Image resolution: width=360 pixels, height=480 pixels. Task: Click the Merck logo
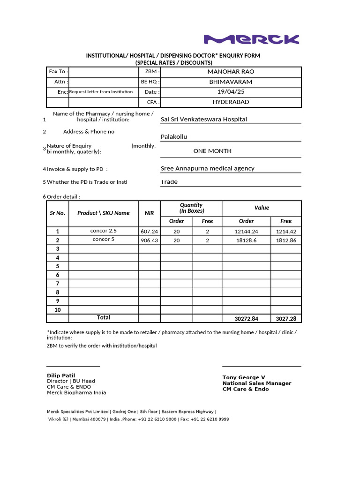(251, 39)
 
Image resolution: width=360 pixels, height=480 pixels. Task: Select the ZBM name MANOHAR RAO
(231, 72)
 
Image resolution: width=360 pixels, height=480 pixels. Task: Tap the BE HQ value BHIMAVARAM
(231, 82)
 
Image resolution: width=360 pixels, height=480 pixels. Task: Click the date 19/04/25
(231, 92)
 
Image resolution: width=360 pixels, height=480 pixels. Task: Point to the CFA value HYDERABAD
(231, 102)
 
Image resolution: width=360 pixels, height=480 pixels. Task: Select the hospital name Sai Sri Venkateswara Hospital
(203, 120)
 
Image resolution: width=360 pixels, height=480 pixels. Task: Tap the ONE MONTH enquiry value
(212, 151)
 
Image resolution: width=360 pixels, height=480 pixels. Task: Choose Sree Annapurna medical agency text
(207, 168)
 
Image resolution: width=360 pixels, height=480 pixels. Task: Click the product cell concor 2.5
(104, 231)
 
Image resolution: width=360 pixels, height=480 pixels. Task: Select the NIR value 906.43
(149, 240)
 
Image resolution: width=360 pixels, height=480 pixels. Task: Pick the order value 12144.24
(246, 232)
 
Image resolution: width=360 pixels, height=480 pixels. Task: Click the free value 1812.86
(286, 240)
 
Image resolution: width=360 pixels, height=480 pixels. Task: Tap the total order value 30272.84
(246, 319)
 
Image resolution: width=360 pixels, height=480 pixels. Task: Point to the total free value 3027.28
(286, 319)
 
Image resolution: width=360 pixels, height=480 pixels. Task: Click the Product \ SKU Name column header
(104, 213)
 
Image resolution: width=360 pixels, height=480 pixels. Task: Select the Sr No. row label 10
(58, 310)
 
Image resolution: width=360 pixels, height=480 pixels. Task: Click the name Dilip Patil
(61, 375)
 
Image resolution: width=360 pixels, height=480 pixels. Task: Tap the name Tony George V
(244, 377)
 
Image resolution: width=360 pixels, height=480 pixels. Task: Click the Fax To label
(58, 72)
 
